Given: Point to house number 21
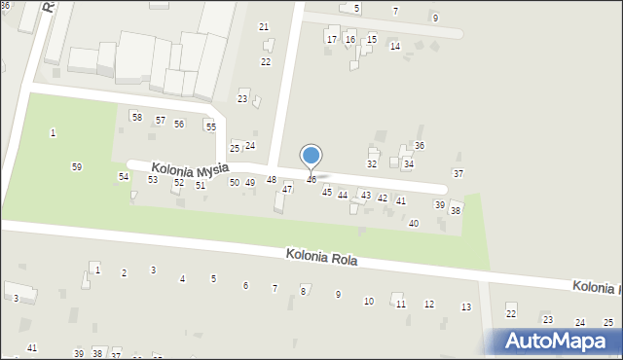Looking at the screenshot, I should pos(263,26).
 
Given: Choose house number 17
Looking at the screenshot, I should pos(332,40).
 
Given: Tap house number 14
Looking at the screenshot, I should pos(394,47).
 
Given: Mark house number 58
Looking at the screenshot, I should pos(136,118).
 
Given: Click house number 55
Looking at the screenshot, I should pos(210,127).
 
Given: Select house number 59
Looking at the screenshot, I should pos(77,167).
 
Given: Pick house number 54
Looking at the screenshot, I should pos(124,176).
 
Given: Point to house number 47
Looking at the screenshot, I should pos(287,190).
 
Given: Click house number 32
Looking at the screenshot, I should pos(372,164).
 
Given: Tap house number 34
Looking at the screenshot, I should pos(409,164).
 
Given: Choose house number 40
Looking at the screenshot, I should pos(414,224).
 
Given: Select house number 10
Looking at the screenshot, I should pos(369,302).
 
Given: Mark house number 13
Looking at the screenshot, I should pos(466,307).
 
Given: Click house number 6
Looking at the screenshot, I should pos(245,286).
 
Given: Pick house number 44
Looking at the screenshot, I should pos(343,196).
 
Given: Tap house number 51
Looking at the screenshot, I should pos(201,185).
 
